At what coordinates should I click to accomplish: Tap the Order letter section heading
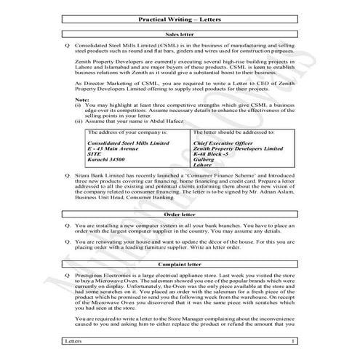179,215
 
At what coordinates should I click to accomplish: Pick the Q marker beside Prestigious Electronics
67,277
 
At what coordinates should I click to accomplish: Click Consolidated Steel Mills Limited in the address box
127,143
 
